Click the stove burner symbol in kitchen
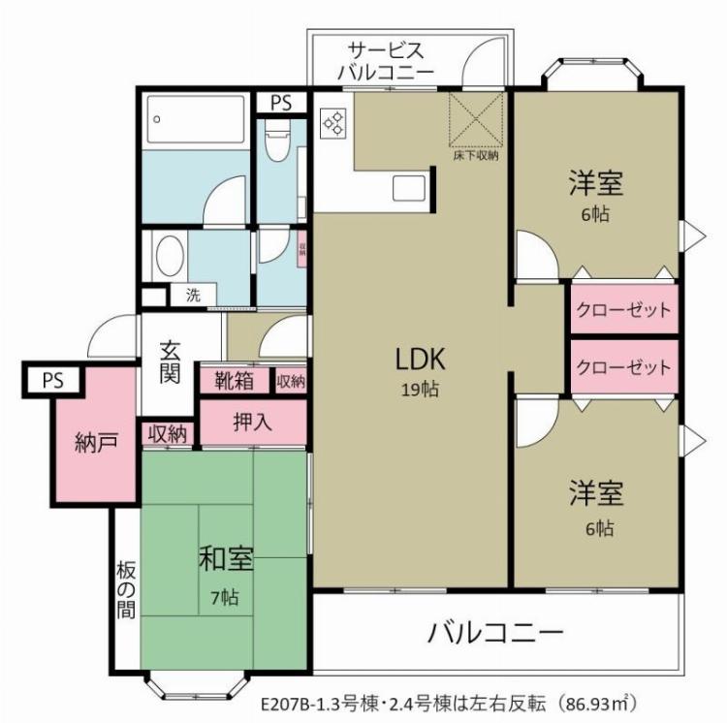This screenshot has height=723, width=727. coord(333,121)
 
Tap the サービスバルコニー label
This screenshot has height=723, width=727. coord(385,61)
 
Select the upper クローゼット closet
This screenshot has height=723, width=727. coord(622,311)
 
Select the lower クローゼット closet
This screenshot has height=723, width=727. coord(622,367)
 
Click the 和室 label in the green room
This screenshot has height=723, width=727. coord(227,561)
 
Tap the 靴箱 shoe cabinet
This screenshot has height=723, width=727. coord(235,381)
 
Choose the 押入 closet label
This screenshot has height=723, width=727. coord(252,423)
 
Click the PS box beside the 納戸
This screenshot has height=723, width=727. coord(52,380)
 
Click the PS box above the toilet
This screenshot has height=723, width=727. coord(281,103)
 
